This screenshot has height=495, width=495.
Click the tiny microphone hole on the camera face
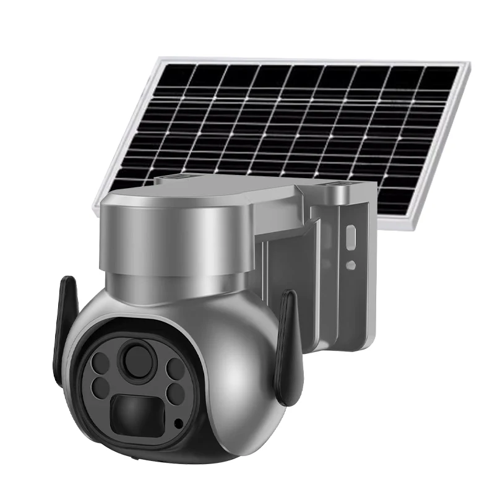point(178,424)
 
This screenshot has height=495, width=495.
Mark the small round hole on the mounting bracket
point(350,264)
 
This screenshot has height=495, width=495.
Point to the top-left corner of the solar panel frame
point(160,60)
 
